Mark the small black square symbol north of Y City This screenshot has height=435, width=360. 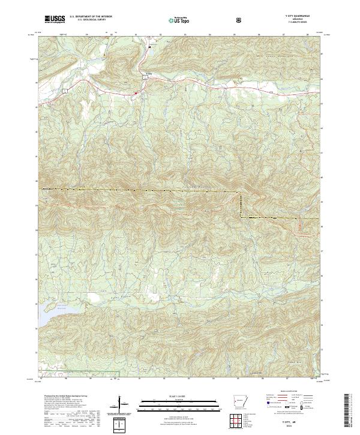150,46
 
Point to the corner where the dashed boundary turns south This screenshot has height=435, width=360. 241,193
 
